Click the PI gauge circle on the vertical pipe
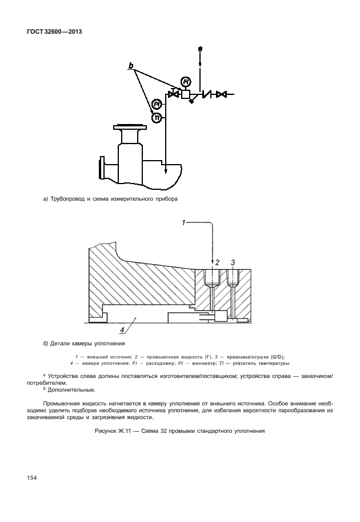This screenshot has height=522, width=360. click(157, 105)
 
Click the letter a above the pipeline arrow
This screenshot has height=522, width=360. click(200, 50)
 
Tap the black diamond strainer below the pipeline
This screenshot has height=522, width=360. click(191, 101)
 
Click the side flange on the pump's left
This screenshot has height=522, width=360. click(102, 168)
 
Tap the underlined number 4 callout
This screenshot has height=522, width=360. click(122, 330)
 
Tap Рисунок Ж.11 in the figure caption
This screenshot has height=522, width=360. click(115, 431)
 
